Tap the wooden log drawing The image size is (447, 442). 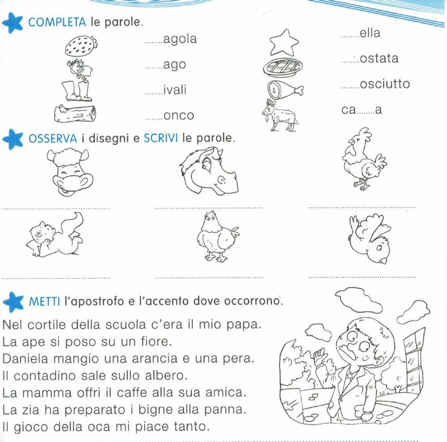point(75,114)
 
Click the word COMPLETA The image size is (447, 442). point(58,22)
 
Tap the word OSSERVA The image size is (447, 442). point(53,138)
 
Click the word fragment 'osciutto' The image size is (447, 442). point(384,84)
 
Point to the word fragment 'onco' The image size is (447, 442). point(178,116)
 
